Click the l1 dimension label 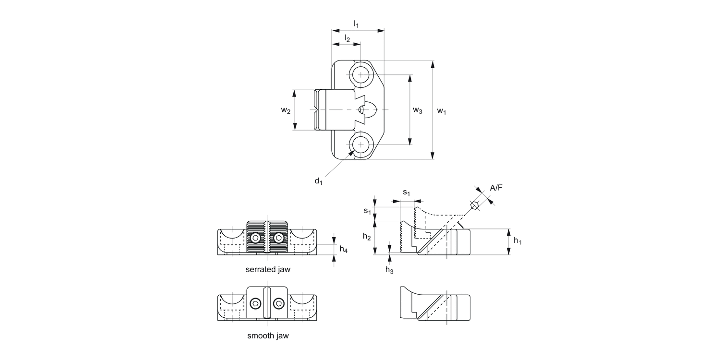[x=356, y=23]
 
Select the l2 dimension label [x=347, y=38]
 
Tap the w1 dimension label [x=442, y=111]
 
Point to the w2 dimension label [x=286, y=110]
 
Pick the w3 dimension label [x=418, y=110]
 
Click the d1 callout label [x=318, y=181]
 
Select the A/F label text [x=496, y=188]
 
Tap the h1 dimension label [x=517, y=241]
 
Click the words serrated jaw [x=268, y=269]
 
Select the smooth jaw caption [x=268, y=336]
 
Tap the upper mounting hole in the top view [x=360, y=75]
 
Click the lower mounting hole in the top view [x=360, y=144]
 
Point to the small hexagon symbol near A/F [x=475, y=206]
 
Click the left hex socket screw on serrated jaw [x=256, y=238]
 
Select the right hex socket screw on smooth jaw [x=278, y=303]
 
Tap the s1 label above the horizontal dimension [x=407, y=193]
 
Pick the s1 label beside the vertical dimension [x=367, y=211]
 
